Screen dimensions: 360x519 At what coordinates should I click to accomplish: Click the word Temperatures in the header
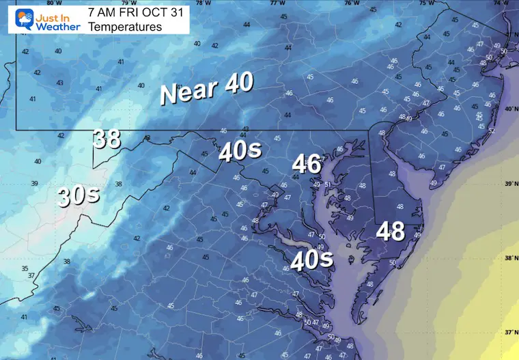(x=125, y=27)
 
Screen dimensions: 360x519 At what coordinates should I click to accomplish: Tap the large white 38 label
(x=107, y=139)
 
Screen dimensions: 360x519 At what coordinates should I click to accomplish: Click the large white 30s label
(x=79, y=195)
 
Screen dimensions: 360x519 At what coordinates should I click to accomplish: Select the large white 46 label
(x=307, y=164)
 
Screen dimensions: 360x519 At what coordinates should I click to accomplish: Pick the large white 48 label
(x=391, y=232)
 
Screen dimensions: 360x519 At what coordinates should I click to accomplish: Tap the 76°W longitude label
(x=351, y=3)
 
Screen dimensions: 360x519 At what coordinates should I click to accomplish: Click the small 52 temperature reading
(x=491, y=130)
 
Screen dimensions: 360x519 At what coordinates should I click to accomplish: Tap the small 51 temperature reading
(x=328, y=184)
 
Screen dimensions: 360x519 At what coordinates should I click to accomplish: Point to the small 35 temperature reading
(x=25, y=269)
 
